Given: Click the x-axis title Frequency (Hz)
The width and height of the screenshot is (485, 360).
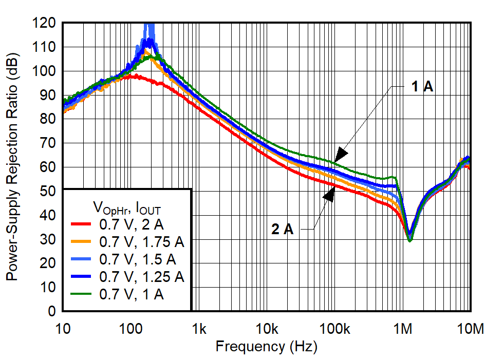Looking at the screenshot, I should click(266, 347).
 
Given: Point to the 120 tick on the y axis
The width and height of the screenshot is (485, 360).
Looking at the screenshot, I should click(47, 23).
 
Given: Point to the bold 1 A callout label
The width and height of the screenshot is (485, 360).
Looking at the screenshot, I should click(422, 87).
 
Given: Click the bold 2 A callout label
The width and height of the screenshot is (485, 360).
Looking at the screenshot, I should click(282, 230).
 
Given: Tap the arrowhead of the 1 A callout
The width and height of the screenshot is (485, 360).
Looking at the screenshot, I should click(340, 155).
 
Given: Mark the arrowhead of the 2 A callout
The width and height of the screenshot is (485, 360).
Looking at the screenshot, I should click(330, 193).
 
